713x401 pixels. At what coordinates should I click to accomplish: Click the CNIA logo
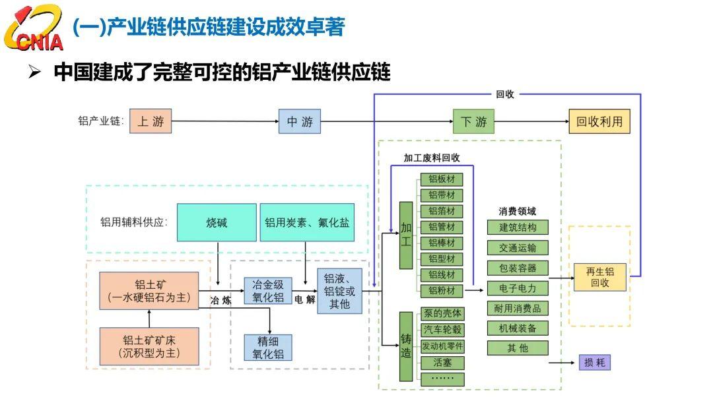33,28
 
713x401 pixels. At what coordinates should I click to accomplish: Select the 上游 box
151,121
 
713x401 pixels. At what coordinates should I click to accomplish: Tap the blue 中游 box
300,121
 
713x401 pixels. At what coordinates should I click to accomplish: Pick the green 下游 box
473,121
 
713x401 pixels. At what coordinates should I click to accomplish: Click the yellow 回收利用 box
599,121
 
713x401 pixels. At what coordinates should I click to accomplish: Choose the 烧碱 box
217,222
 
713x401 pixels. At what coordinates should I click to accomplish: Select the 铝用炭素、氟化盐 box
307,222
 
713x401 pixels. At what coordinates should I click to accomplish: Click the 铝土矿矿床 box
149,346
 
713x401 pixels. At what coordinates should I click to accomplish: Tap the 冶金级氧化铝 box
268,291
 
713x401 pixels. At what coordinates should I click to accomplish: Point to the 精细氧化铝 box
268,348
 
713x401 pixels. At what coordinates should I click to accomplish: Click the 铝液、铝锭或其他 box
340,291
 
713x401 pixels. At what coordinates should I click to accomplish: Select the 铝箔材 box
442,211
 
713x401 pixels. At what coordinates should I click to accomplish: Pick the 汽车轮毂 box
442,330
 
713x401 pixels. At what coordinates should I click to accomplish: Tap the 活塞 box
442,363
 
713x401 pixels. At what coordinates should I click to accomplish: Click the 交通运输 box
518,247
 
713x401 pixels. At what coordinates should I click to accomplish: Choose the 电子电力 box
518,288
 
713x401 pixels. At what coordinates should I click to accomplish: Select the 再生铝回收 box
599,277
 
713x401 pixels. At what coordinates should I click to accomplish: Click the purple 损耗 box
594,362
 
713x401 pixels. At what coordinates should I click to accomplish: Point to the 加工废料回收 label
432,158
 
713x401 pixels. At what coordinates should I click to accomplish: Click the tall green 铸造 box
406,346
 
